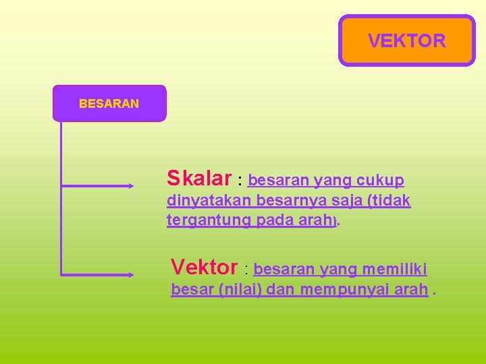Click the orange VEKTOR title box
point(406,40)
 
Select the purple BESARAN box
point(109,104)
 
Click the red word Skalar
point(199,179)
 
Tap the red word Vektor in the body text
point(204,268)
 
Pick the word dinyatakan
point(210,201)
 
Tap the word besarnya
point(286,201)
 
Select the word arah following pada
point(315,220)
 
